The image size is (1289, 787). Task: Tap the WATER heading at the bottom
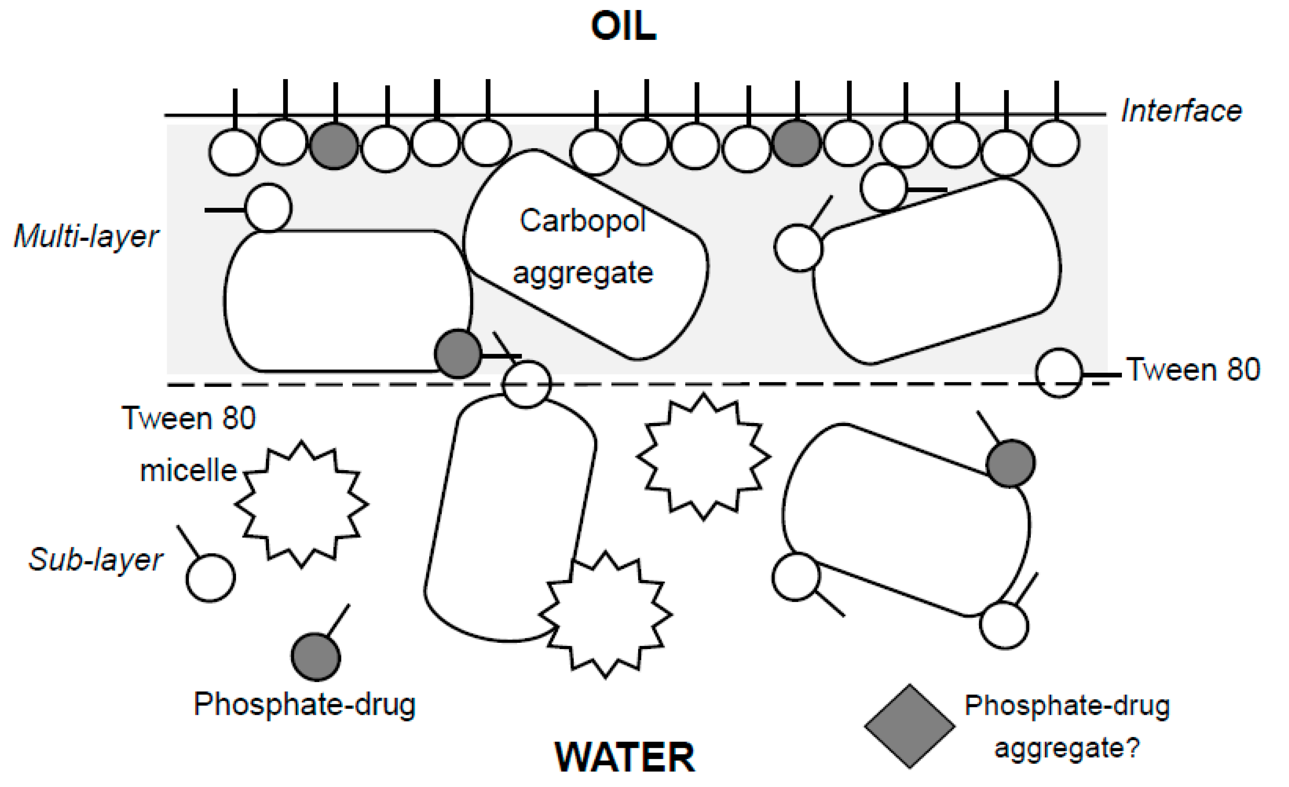(625, 757)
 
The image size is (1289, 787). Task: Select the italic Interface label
(1181, 111)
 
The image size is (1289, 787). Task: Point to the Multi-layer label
(86, 236)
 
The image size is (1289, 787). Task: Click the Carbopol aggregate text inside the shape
(583, 246)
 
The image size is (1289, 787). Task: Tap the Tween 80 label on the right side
(1193, 370)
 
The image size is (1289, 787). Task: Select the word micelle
(188, 470)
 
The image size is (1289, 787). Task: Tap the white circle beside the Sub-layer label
(211, 578)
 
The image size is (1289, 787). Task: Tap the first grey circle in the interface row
(334, 146)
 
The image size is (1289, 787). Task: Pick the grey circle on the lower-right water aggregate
(1010, 464)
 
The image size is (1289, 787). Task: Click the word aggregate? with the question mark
(1067, 748)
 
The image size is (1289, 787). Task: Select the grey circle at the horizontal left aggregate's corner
(458, 354)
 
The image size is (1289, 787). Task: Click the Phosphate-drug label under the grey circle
(304, 704)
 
